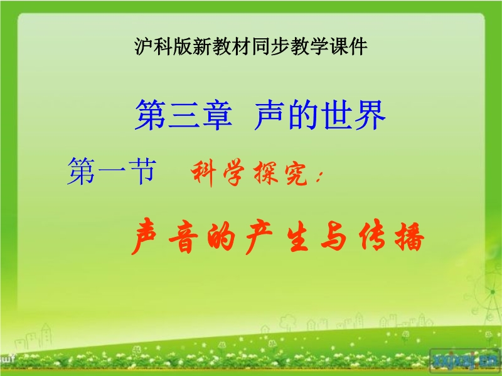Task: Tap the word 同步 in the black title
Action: [x=271, y=46]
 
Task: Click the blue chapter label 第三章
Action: [x=183, y=115]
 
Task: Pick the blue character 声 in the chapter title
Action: [x=270, y=115]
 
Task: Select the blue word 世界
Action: [x=353, y=115]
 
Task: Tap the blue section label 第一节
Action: [x=112, y=171]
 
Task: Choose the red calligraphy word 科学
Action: [x=217, y=174]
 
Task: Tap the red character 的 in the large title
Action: [x=222, y=237]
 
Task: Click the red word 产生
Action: [x=277, y=236]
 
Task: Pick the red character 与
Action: [x=334, y=236]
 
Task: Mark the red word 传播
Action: [x=392, y=236]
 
